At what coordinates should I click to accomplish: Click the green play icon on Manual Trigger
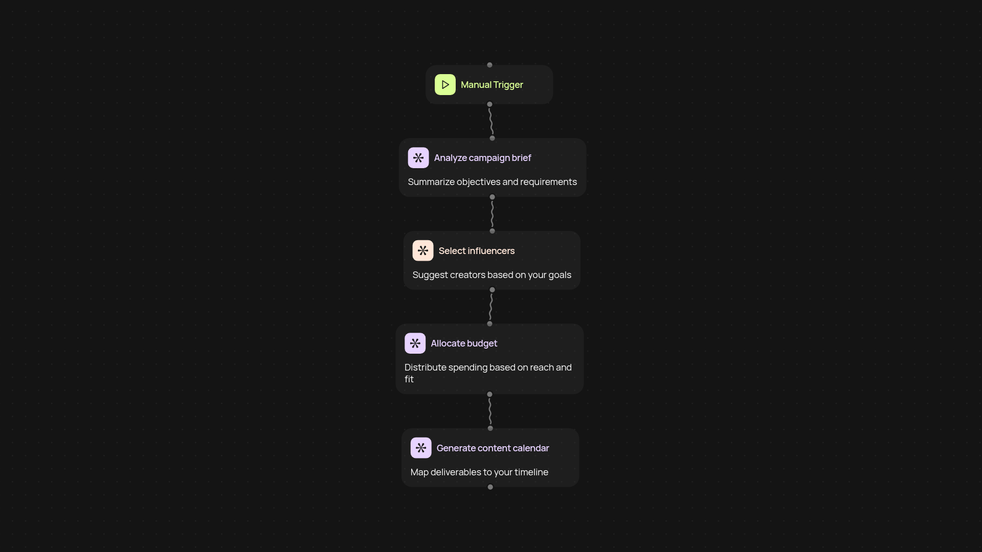(445, 85)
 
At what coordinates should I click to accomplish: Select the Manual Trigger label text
(492, 85)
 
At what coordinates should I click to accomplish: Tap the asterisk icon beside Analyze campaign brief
(418, 158)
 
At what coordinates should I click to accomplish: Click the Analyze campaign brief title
(482, 158)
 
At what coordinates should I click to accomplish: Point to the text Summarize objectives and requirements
(492, 182)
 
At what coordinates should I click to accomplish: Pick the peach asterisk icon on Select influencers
(422, 251)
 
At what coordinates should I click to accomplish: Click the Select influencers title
(476, 251)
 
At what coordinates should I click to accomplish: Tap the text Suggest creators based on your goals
(492, 275)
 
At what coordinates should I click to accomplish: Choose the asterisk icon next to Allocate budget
(415, 343)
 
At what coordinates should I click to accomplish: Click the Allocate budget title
(463, 343)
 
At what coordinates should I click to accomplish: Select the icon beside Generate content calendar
(420, 448)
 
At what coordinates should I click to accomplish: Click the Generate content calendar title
(493, 448)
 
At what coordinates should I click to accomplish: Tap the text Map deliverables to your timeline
(479, 472)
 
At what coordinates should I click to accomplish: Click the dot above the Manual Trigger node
(489, 65)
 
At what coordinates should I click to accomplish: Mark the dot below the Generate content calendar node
(490, 487)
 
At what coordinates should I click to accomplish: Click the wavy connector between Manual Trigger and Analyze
(491, 121)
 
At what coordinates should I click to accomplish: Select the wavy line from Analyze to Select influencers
(492, 214)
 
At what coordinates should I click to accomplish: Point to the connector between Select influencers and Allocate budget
(490, 307)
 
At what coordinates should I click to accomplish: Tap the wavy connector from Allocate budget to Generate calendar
(490, 411)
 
